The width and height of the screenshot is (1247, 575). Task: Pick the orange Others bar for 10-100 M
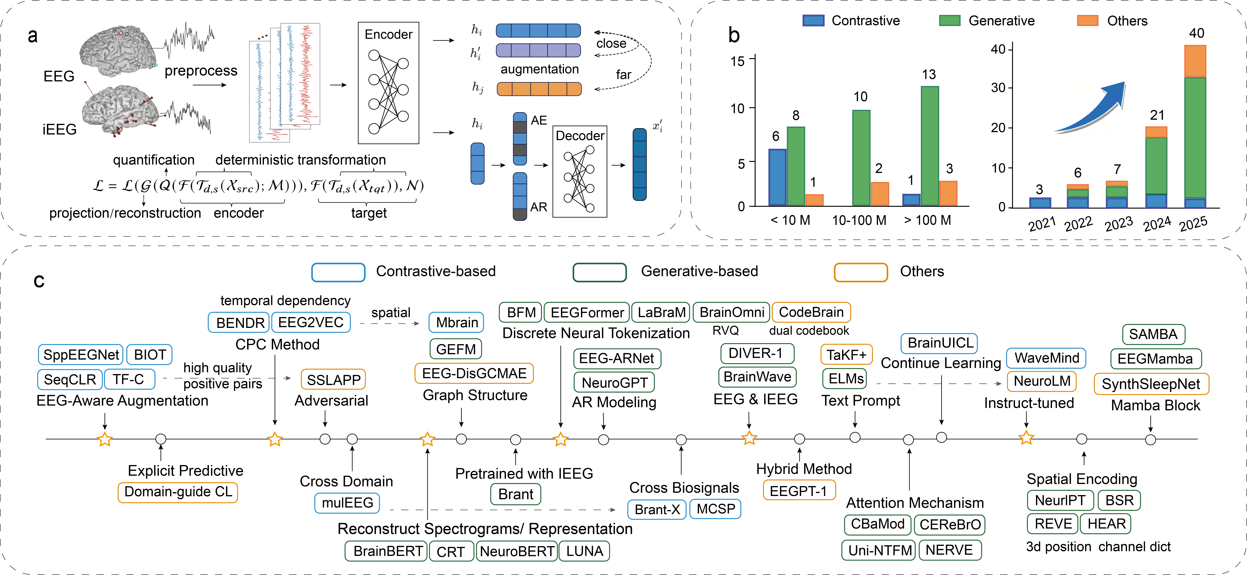tap(880, 194)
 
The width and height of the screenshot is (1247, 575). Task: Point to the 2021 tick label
tap(1042, 224)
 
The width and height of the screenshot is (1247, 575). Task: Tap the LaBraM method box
tap(661, 312)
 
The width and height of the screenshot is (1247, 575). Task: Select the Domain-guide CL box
tap(178, 492)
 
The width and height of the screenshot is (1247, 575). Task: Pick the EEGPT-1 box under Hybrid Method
tap(799, 491)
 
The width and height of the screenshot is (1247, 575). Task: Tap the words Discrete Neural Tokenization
tap(596, 333)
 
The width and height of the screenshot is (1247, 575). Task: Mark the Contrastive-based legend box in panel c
tap(338, 272)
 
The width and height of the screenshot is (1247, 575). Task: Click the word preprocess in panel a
tap(201, 71)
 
